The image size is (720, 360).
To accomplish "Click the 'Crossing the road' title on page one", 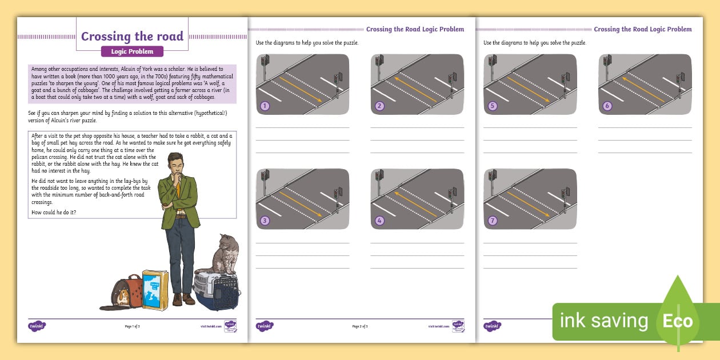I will tap(132, 37).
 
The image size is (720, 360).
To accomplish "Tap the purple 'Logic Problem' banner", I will tap(132, 51).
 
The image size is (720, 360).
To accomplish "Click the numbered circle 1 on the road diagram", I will tap(264, 106).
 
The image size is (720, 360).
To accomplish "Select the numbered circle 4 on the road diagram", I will tap(379, 221).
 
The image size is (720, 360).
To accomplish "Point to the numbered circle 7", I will tap(493, 221).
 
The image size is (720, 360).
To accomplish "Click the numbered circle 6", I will tap(607, 106).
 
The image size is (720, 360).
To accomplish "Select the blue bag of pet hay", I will tap(154, 290).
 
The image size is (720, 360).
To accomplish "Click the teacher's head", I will tap(176, 164).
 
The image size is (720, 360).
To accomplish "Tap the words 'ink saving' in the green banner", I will tap(603, 321).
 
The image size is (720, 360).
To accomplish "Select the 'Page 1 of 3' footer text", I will tap(132, 326).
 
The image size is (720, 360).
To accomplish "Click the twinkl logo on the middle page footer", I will tap(265, 326).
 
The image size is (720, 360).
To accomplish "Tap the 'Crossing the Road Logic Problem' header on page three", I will tap(642, 29).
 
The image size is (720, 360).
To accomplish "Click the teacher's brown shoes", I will tap(183, 299).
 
